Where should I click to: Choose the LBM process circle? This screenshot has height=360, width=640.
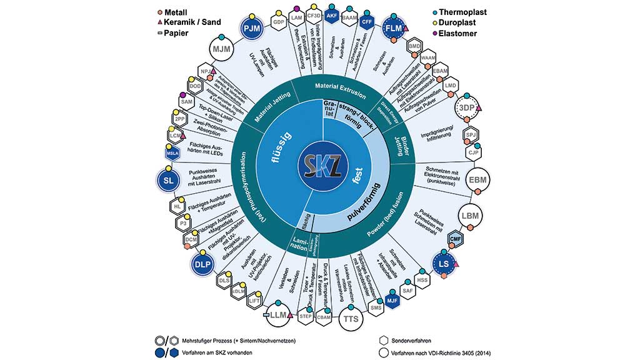tap(471, 216)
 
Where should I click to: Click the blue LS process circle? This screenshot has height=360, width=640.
tap(444, 264)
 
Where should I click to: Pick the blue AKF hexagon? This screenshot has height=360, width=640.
tap(332, 15)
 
